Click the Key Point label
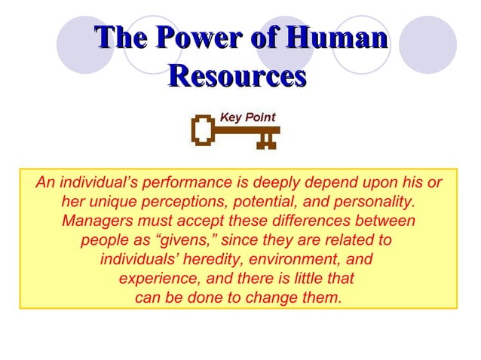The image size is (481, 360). [x=247, y=117]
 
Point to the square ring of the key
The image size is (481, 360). [x=202, y=130]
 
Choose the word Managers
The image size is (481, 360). [x=96, y=221]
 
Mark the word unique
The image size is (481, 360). [x=118, y=203]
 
